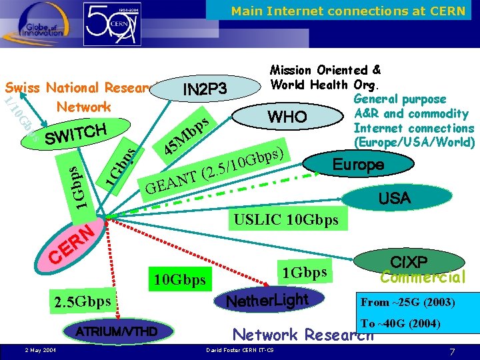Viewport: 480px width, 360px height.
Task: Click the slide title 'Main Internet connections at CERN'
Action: tap(348, 11)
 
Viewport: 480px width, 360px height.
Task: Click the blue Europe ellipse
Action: tap(359, 164)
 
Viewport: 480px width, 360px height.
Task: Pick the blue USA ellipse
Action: tap(395, 198)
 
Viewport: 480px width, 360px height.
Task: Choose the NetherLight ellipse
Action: tap(268, 301)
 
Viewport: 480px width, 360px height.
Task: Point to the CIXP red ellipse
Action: tap(413, 259)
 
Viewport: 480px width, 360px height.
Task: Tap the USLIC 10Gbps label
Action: tap(285, 219)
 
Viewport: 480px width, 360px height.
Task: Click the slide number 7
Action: tap(451, 351)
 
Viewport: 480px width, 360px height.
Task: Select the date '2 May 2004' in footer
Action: tap(40, 350)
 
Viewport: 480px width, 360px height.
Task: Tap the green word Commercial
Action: tap(422, 276)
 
